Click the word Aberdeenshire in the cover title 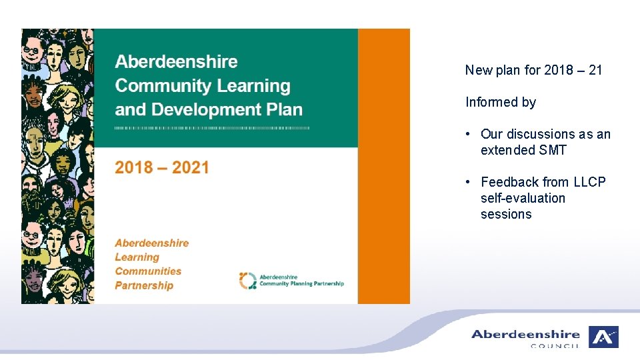(x=176, y=62)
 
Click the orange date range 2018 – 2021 (x=162, y=168)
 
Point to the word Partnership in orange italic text (x=144, y=285)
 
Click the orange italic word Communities (x=148, y=271)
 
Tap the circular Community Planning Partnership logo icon (x=247, y=281)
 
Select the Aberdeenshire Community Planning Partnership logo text (x=301, y=281)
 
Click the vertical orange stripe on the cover (x=384, y=166)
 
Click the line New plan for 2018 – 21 (x=533, y=70)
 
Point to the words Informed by (x=501, y=102)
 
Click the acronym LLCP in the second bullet (x=589, y=182)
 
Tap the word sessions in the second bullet (x=506, y=214)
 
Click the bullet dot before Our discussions (x=469, y=135)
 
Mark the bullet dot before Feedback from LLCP (x=469, y=183)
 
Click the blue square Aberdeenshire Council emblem (x=603, y=337)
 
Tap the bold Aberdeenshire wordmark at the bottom (x=525, y=334)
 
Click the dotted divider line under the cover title (x=212, y=127)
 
